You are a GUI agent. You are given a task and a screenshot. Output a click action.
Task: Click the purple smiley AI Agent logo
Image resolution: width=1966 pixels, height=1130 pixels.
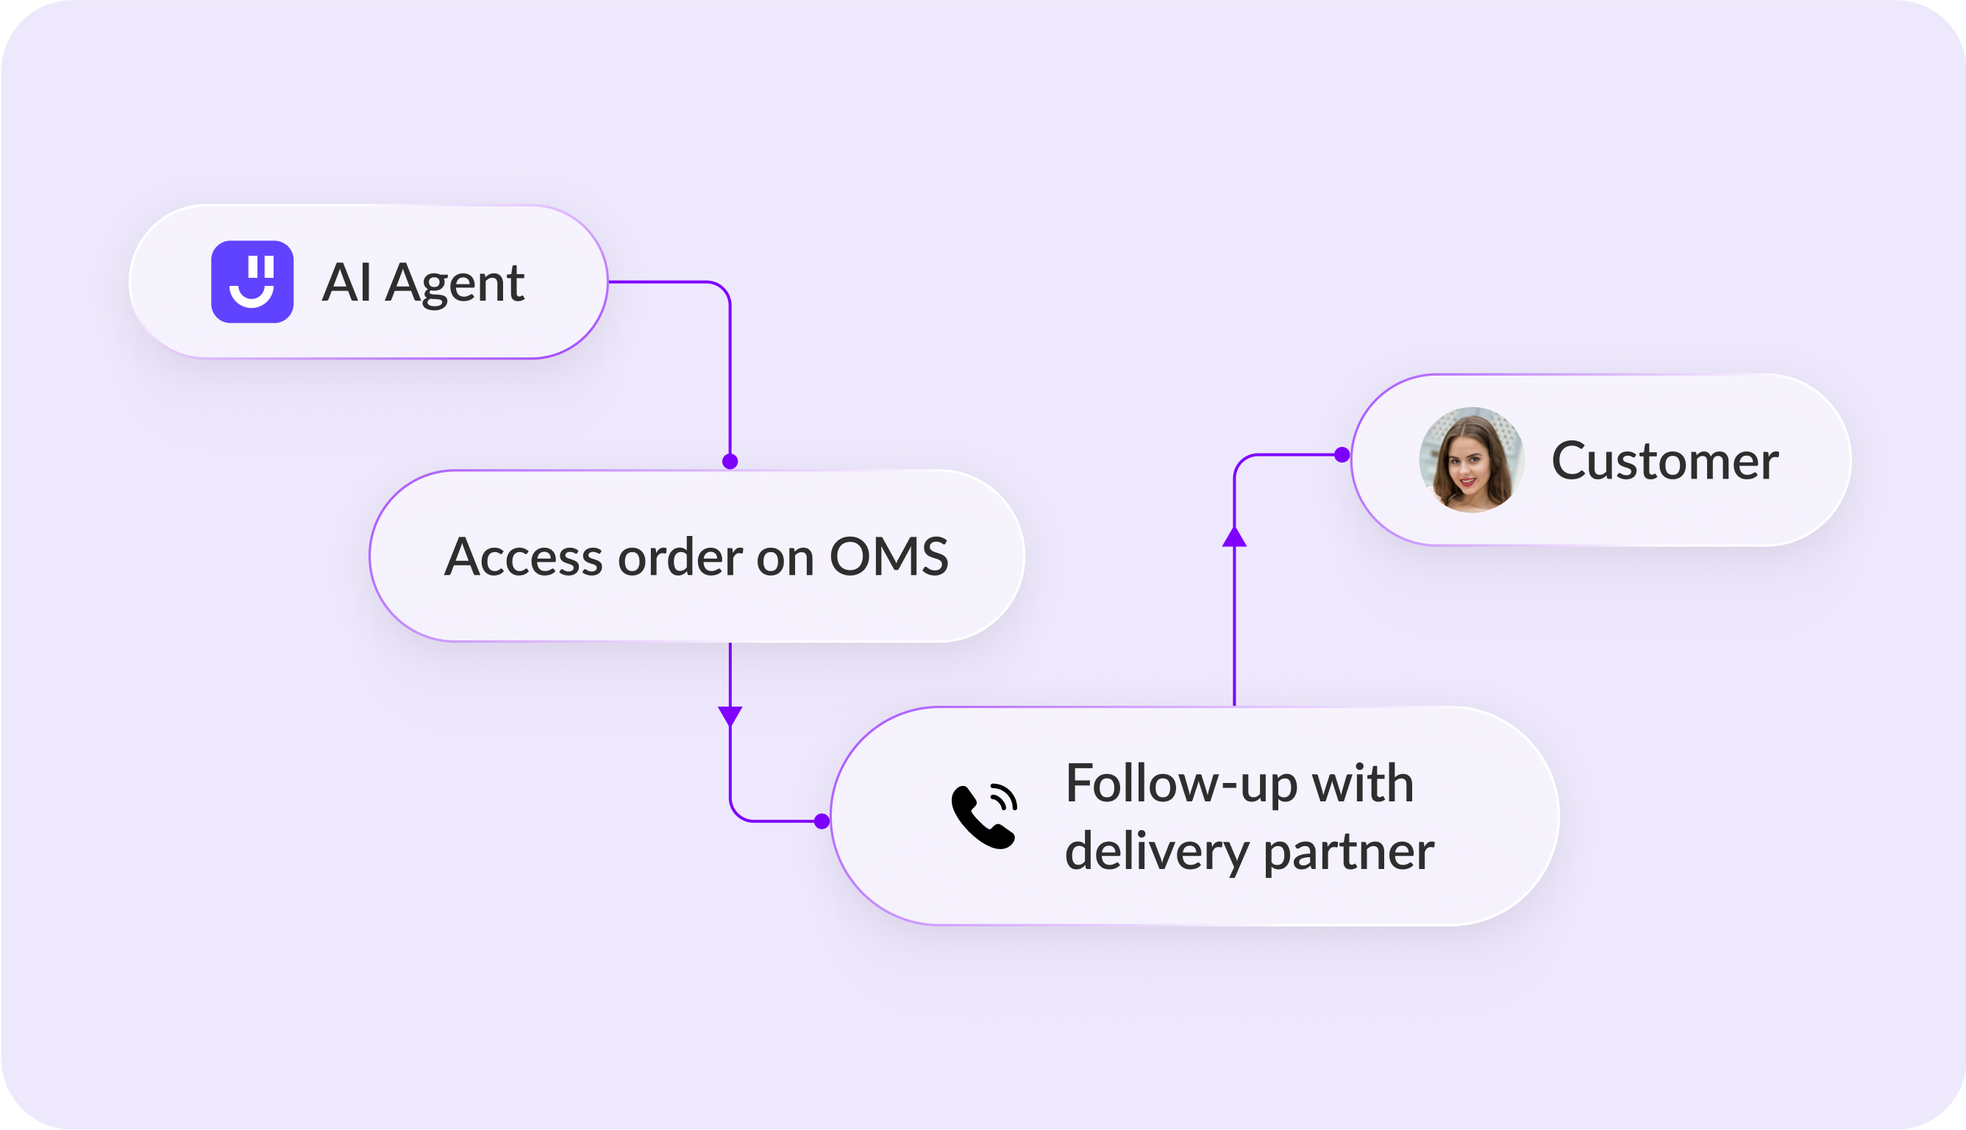tap(252, 282)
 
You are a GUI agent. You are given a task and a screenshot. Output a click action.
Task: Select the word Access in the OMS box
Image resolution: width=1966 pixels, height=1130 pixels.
tap(523, 557)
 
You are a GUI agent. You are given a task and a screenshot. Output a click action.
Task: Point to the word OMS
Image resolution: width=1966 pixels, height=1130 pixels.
tap(888, 557)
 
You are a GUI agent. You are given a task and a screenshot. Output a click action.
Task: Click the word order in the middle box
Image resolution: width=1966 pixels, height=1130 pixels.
tap(680, 557)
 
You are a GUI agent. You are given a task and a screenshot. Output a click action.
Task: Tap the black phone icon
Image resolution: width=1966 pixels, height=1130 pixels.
tap(984, 817)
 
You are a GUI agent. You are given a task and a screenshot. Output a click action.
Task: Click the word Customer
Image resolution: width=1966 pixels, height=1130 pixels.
tap(1665, 461)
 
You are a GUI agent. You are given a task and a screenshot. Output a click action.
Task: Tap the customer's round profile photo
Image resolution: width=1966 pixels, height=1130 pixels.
tap(1472, 459)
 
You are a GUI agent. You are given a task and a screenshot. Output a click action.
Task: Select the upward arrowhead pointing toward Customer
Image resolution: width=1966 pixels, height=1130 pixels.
tap(1234, 537)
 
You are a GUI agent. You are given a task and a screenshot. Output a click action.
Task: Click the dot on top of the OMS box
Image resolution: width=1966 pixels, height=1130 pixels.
tap(730, 462)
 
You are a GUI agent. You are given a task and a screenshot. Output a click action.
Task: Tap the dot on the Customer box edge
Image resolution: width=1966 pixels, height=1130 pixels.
tap(1342, 455)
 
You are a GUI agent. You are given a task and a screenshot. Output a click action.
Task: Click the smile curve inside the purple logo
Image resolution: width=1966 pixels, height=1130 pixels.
tap(252, 297)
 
